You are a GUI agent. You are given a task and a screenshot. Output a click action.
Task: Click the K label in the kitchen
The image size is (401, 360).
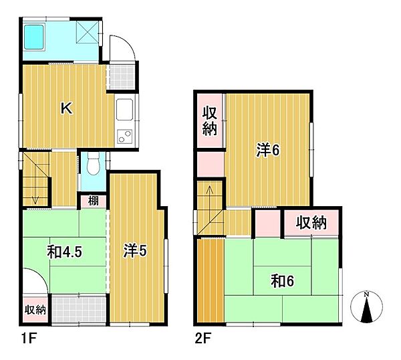pos(66,108)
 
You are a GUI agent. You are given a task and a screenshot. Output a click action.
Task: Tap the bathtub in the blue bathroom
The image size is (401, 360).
pos(34,36)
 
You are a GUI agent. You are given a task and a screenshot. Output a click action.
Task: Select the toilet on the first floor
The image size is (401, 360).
pos(93,164)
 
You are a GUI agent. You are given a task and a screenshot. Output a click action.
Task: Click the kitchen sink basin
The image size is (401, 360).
pos(124,110)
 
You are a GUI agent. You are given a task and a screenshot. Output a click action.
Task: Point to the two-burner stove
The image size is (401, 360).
pos(124,137)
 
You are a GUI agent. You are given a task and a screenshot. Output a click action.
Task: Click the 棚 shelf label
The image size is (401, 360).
pos(93,201)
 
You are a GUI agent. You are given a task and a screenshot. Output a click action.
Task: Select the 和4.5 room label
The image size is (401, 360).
pos(64,252)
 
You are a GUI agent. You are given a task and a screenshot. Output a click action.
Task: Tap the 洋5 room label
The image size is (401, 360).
pos(135,251)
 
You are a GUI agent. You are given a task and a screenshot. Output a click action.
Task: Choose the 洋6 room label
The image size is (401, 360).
pos(268,150)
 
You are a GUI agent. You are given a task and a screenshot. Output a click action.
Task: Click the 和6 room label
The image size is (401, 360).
pos(282,281)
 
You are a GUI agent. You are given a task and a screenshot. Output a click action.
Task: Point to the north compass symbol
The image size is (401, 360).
pos(366,306)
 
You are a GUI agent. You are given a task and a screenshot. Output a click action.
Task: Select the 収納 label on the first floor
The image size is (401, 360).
pos(35,310)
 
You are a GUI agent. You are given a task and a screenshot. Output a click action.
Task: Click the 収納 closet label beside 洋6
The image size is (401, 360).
pos(210,121)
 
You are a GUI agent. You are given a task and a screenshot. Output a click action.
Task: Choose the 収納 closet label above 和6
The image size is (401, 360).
pos(311,222)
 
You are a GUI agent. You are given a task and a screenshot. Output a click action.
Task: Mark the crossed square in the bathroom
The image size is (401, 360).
pos(87,31)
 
